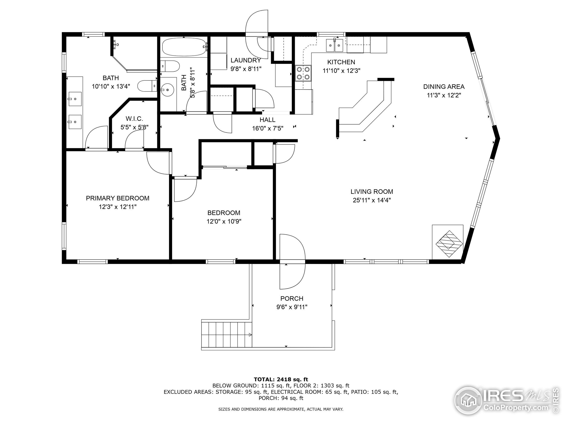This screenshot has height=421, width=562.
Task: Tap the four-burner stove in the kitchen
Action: point(303,73)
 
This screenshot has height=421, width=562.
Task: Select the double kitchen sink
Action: point(334,46)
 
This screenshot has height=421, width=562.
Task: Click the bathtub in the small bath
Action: point(184,47)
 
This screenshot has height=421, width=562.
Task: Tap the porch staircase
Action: point(226,334)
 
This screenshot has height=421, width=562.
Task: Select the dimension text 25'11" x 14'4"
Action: point(371,200)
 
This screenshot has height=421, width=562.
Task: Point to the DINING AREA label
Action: point(444,87)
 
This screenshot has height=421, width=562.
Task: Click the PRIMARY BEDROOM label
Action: point(117,198)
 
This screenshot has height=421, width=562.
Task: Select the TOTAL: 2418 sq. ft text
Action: point(281,379)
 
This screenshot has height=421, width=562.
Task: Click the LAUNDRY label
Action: point(245,60)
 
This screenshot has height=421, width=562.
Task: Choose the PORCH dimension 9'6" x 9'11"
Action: point(292,307)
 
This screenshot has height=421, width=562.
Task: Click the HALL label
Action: point(267,120)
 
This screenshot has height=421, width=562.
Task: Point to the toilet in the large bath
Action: point(147,86)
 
